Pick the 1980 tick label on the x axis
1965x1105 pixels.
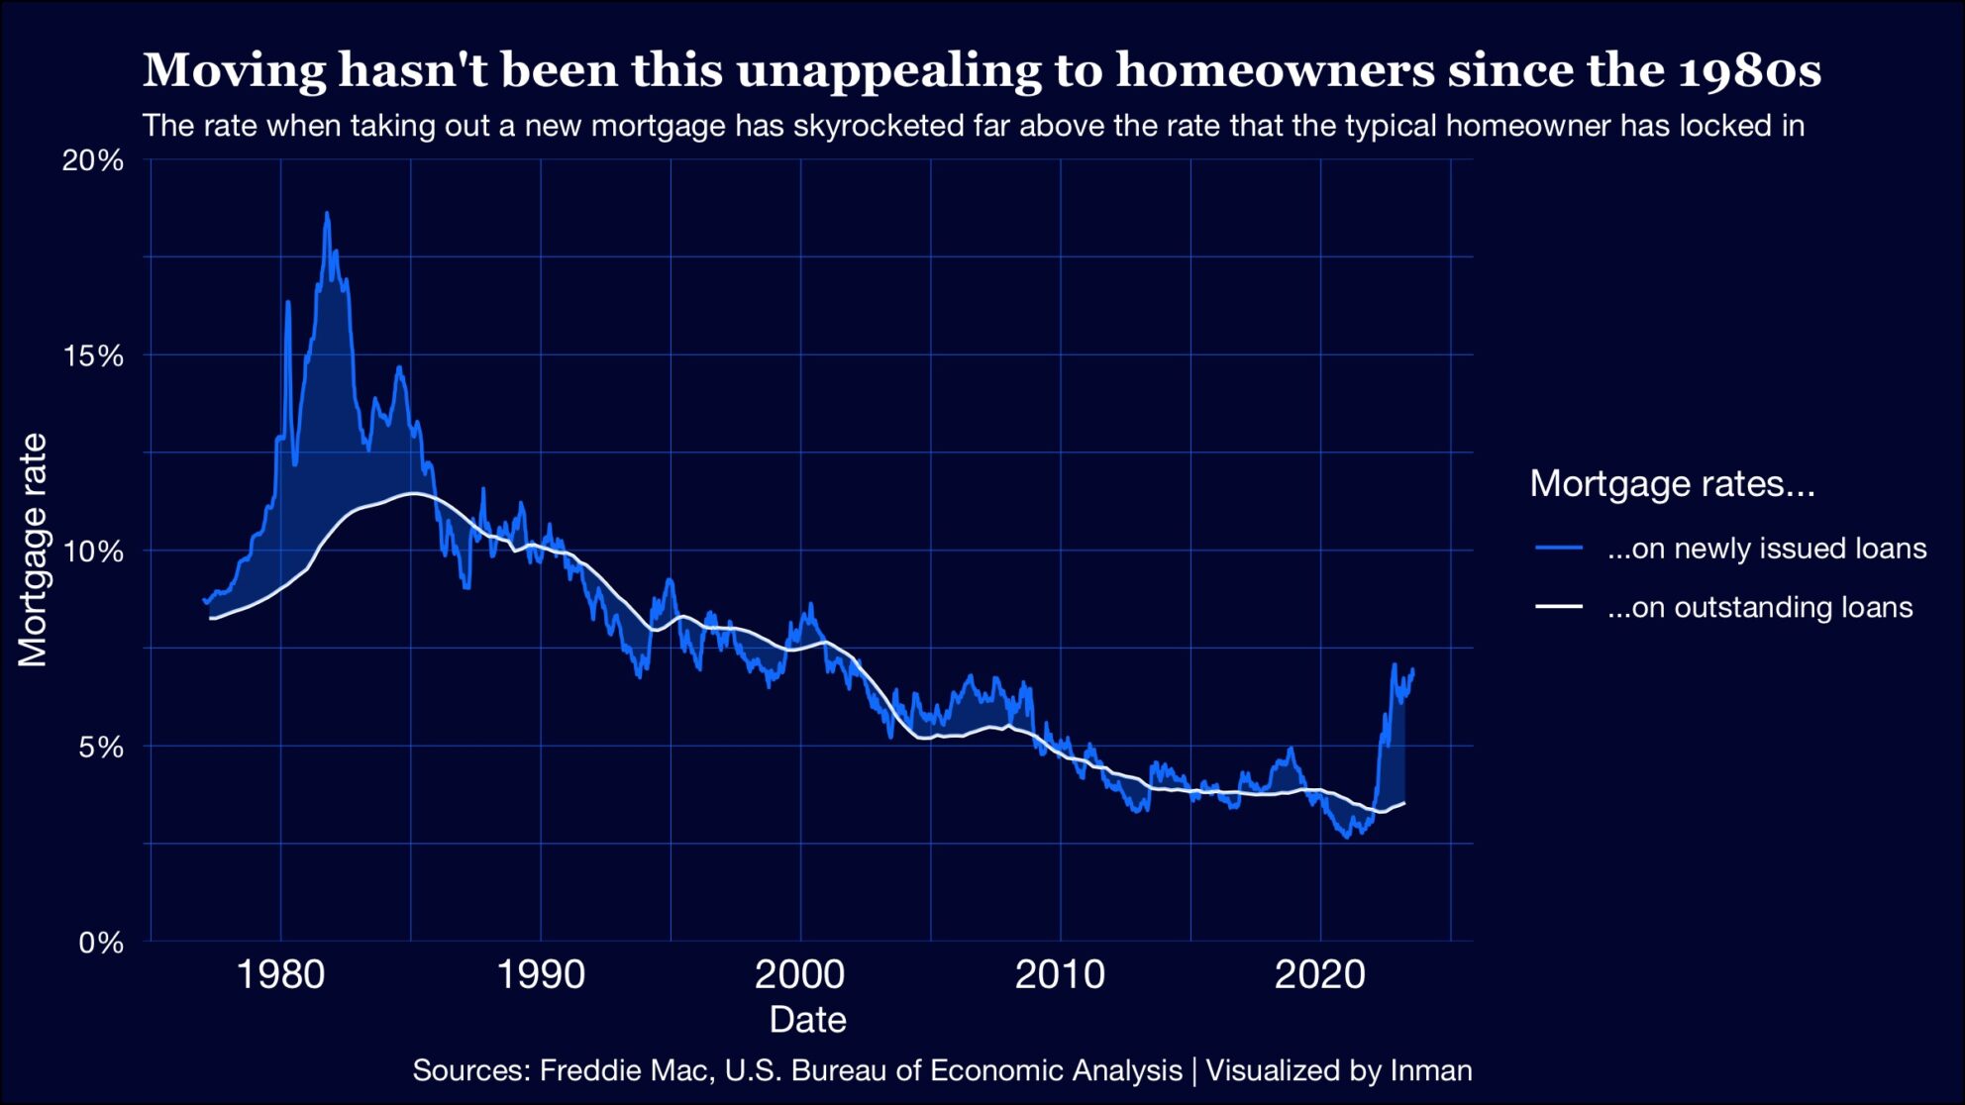pos(280,975)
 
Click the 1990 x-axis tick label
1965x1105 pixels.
pos(540,975)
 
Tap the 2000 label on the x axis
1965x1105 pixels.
pos(799,975)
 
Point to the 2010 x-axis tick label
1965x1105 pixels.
pos(1060,975)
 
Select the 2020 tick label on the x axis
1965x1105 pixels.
pos(1319,975)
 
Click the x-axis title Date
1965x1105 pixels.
pos(807,1020)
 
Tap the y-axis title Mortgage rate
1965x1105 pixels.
pos(33,551)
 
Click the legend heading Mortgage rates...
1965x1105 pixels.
pos(1672,483)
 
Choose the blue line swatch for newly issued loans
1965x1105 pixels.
pos(1558,549)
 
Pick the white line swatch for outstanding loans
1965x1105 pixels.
pos(1558,607)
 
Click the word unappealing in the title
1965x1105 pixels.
pos(888,70)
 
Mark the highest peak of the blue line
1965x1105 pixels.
pos(327,213)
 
